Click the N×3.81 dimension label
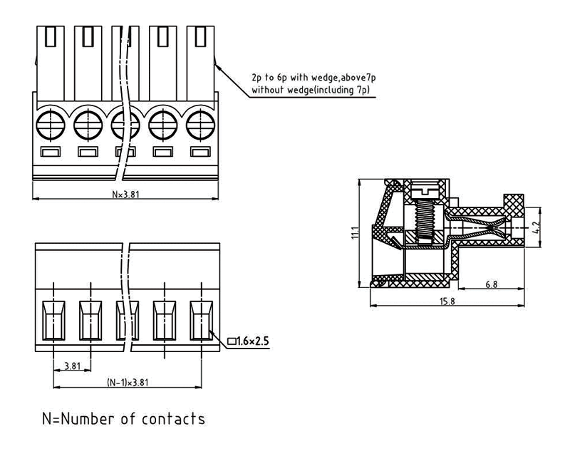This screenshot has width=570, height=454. [x=126, y=193]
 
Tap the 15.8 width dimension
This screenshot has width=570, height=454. [x=447, y=302]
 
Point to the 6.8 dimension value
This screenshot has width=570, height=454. [x=492, y=284]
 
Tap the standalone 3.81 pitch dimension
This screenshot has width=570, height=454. [x=71, y=366]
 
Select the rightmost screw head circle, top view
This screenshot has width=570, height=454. [x=202, y=123]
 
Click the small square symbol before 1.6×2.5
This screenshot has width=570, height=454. [x=232, y=342]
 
